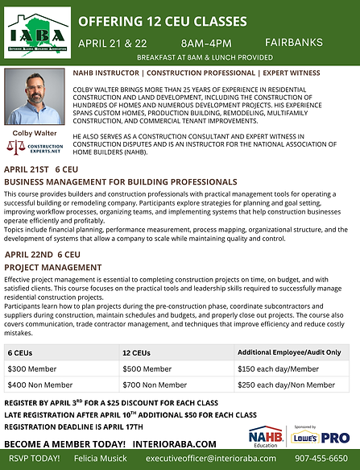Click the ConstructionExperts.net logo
point(36,148)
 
